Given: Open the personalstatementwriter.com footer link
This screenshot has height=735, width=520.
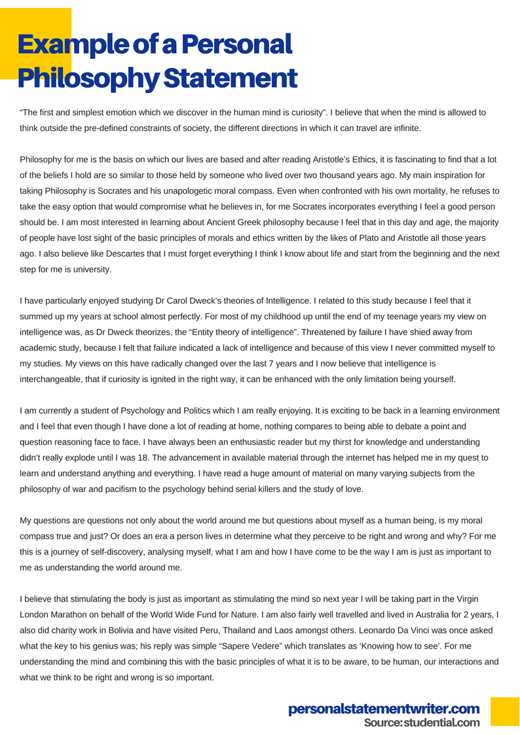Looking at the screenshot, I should (x=384, y=708).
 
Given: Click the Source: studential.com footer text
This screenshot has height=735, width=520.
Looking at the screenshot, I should (x=422, y=723).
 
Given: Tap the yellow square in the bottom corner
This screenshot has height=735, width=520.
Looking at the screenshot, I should (x=504, y=711).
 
